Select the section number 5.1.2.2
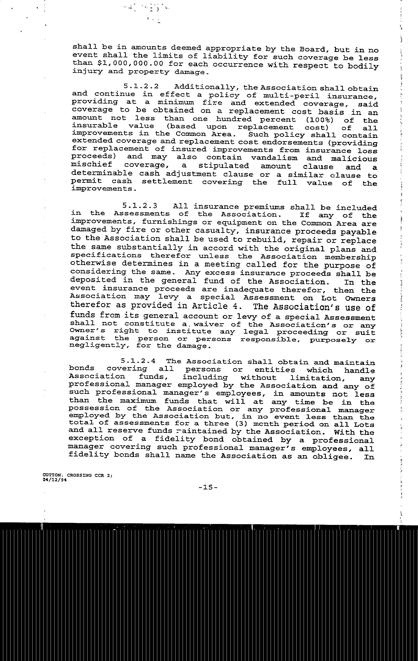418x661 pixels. pos(141,87)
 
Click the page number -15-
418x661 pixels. pos(209,487)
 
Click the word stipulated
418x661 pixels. pos(224,166)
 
